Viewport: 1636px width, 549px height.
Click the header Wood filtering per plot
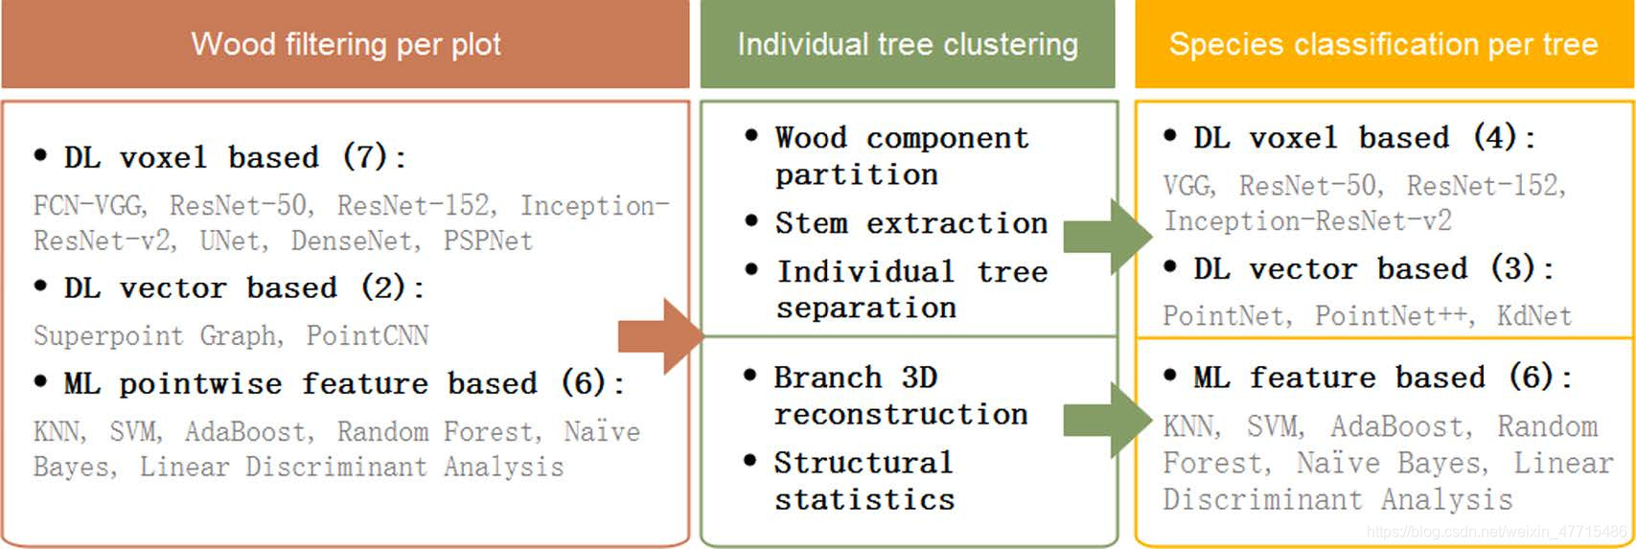[345, 44]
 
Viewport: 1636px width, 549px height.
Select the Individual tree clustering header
[907, 44]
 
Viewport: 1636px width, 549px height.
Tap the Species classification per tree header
[1383, 44]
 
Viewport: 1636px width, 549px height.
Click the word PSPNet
[487, 240]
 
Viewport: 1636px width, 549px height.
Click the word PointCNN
[367, 335]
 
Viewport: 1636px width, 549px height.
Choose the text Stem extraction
[910, 223]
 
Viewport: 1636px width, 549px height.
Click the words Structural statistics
[864, 481]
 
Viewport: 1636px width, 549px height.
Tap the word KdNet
[1533, 315]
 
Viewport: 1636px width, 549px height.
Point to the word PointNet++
[1393, 315]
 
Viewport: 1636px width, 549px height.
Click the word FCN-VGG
[88, 205]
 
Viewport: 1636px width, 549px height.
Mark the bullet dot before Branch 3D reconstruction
[749, 377]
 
